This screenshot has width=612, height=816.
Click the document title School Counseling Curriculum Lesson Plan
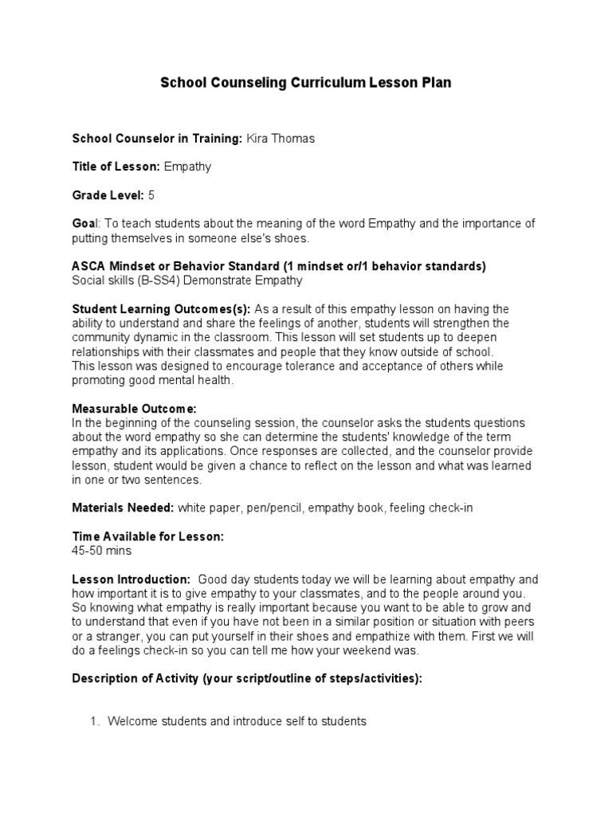click(x=306, y=83)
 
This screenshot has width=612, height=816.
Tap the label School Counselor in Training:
click(x=158, y=139)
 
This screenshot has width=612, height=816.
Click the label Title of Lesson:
click(x=116, y=167)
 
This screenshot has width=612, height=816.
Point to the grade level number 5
click(x=151, y=194)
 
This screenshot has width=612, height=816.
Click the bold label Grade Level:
click(x=108, y=194)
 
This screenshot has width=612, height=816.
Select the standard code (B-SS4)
click(x=160, y=280)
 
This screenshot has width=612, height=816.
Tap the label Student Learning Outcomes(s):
click(x=162, y=308)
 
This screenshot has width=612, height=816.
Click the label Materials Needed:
click(x=123, y=508)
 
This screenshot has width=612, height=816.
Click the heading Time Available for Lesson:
click(x=148, y=536)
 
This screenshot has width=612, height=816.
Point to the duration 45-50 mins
click(x=102, y=551)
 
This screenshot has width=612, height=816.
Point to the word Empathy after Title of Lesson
click(x=187, y=167)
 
